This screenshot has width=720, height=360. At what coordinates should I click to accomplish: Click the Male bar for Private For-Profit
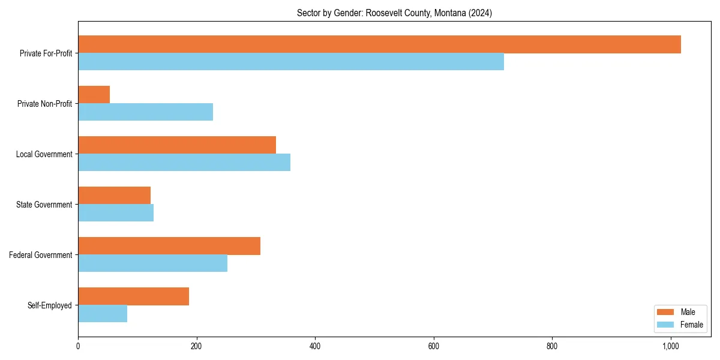coord(379,44)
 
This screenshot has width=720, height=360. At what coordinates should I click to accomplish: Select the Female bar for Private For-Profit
coord(291,62)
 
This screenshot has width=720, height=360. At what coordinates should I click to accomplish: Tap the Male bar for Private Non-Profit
coord(94,95)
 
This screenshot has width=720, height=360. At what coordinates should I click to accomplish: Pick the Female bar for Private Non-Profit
coord(146,112)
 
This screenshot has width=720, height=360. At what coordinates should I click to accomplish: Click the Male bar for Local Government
coord(177,145)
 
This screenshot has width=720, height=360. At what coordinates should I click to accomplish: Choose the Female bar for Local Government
coord(184,163)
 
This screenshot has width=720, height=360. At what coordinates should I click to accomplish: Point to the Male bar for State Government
coord(115,196)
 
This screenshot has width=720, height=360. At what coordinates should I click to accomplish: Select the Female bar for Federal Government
coord(153,263)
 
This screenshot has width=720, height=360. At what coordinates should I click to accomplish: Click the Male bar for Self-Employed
coord(134,296)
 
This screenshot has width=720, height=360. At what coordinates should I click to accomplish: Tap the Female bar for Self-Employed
coord(103,314)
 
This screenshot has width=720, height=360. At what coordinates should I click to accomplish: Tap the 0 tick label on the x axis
coord(78,346)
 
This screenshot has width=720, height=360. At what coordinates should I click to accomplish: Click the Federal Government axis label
coord(41,255)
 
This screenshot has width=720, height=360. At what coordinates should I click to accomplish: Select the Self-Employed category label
coord(50,305)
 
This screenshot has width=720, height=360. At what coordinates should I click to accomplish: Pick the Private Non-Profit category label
coord(45,104)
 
